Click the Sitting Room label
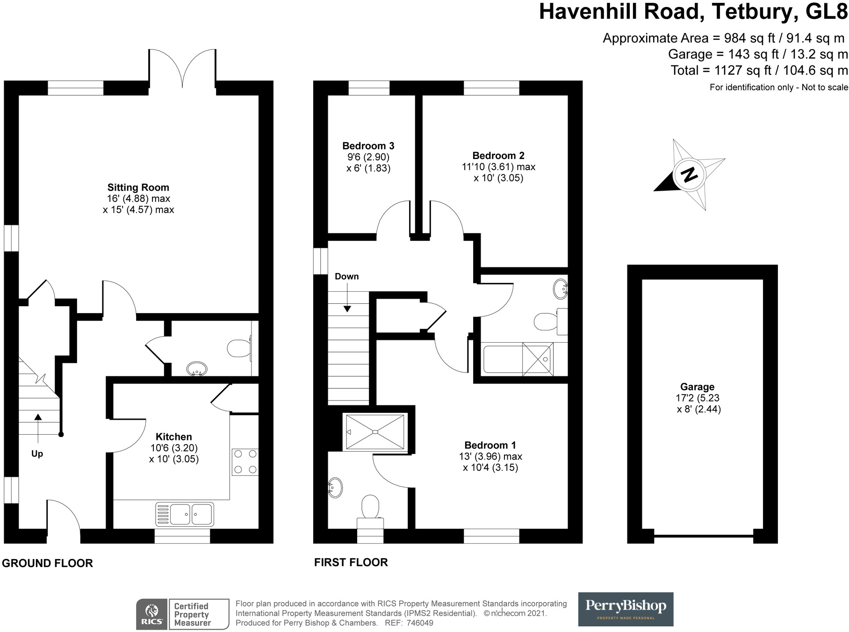[x=138, y=187]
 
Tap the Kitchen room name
[x=174, y=437]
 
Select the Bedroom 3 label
[x=368, y=146]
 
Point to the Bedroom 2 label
[x=498, y=156]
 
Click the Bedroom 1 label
[x=490, y=445]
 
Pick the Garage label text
[x=698, y=387]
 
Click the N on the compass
[x=689, y=175]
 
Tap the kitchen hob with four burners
[x=245, y=462]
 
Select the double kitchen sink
[x=185, y=514]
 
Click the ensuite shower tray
[x=375, y=432]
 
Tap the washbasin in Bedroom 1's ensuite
[x=335, y=488]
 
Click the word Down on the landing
[x=347, y=276]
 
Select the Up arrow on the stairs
[x=37, y=428]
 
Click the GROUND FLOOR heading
[x=47, y=563]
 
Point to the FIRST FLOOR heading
[x=351, y=562]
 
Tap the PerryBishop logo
[x=626, y=609]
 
